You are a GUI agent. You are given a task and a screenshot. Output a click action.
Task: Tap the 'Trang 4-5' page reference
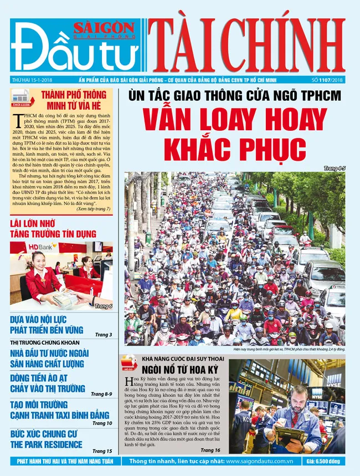click(x=335, y=168)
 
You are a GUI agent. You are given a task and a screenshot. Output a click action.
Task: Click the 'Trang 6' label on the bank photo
click(x=103, y=306)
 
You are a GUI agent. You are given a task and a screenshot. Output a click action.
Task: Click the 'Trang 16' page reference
click(x=211, y=450)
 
